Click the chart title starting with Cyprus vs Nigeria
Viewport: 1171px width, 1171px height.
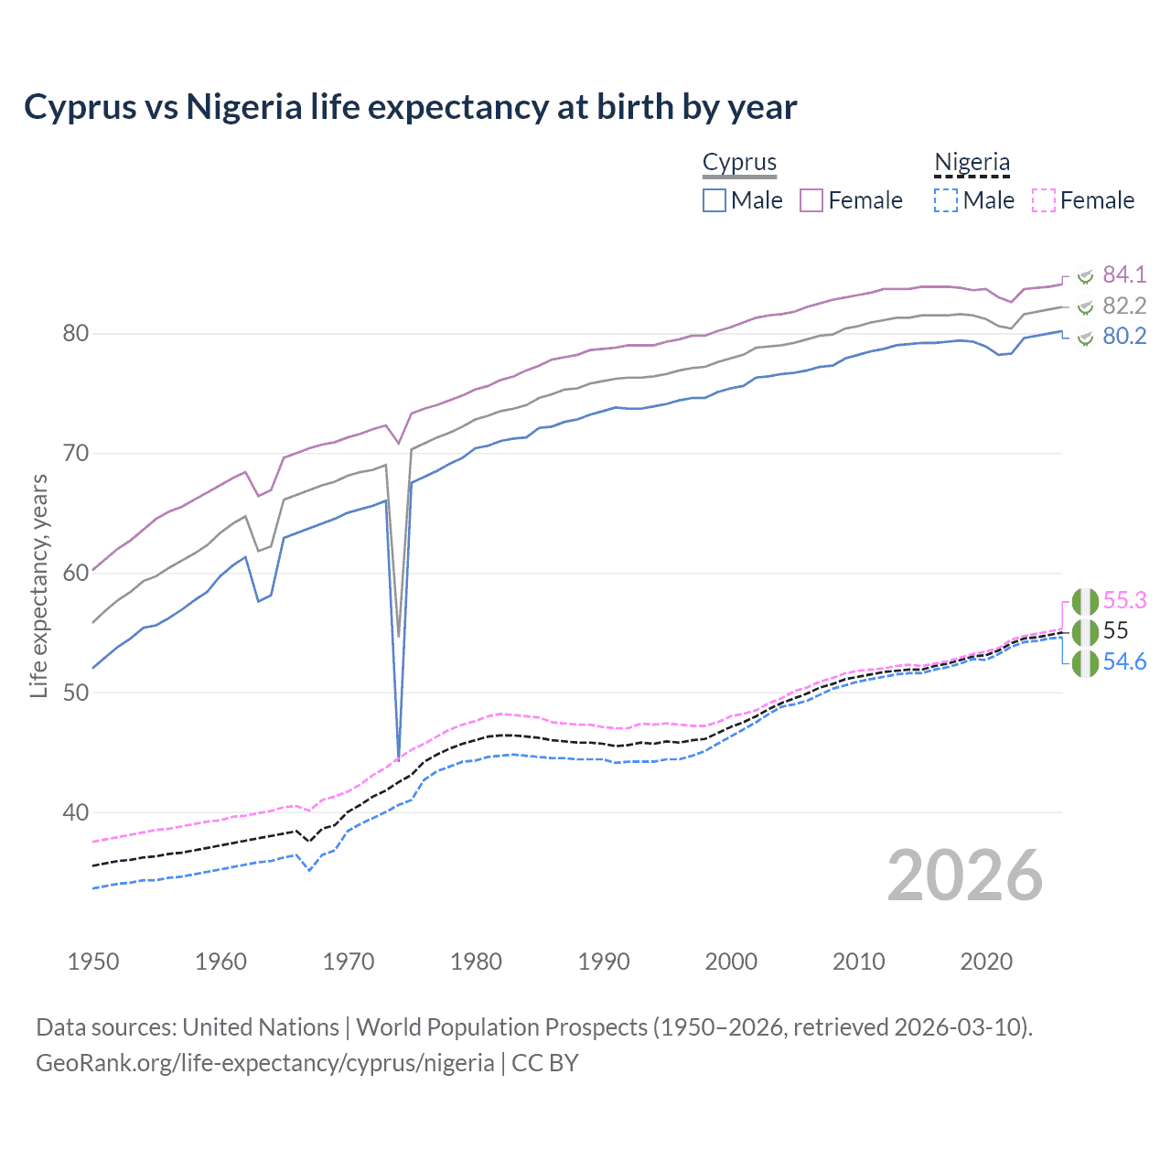pyautogui.click(x=410, y=107)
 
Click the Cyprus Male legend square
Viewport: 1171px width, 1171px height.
pyautogui.click(x=714, y=200)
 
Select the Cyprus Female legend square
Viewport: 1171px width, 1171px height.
pyautogui.click(x=811, y=200)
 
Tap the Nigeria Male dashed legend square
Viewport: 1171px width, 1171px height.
pyautogui.click(x=946, y=200)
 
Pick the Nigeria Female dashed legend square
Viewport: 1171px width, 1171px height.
pyautogui.click(x=1043, y=200)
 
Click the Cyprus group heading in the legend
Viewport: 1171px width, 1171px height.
pyautogui.click(x=739, y=162)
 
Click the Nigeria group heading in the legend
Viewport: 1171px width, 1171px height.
pyautogui.click(x=972, y=162)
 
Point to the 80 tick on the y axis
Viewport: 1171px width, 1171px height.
pyautogui.click(x=76, y=333)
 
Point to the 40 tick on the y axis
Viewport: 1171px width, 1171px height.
pyautogui.click(x=76, y=812)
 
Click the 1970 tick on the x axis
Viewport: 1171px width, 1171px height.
pyautogui.click(x=349, y=962)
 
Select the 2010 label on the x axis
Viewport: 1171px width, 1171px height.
pyautogui.click(x=858, y=962)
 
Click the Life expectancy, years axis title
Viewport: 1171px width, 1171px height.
pyautogui.click(x=38, y=585)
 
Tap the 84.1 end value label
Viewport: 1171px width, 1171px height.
pyautogui.click(x=1124, y=274)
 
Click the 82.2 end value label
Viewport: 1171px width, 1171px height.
pyautogui.click(x=1124, y=306)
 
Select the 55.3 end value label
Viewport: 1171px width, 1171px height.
pyautogui.click(x=1124, y=600)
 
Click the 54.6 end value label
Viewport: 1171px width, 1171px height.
pyautogui.click(x=1124, y=661)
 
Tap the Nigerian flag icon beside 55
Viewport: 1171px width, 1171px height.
pyautogui.click(x=1085, y=631)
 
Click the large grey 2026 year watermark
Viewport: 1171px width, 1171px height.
pyautogui.click(x=964, y=876)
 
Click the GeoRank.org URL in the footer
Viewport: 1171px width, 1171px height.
pyautogui.click(x=265, y=1063)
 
